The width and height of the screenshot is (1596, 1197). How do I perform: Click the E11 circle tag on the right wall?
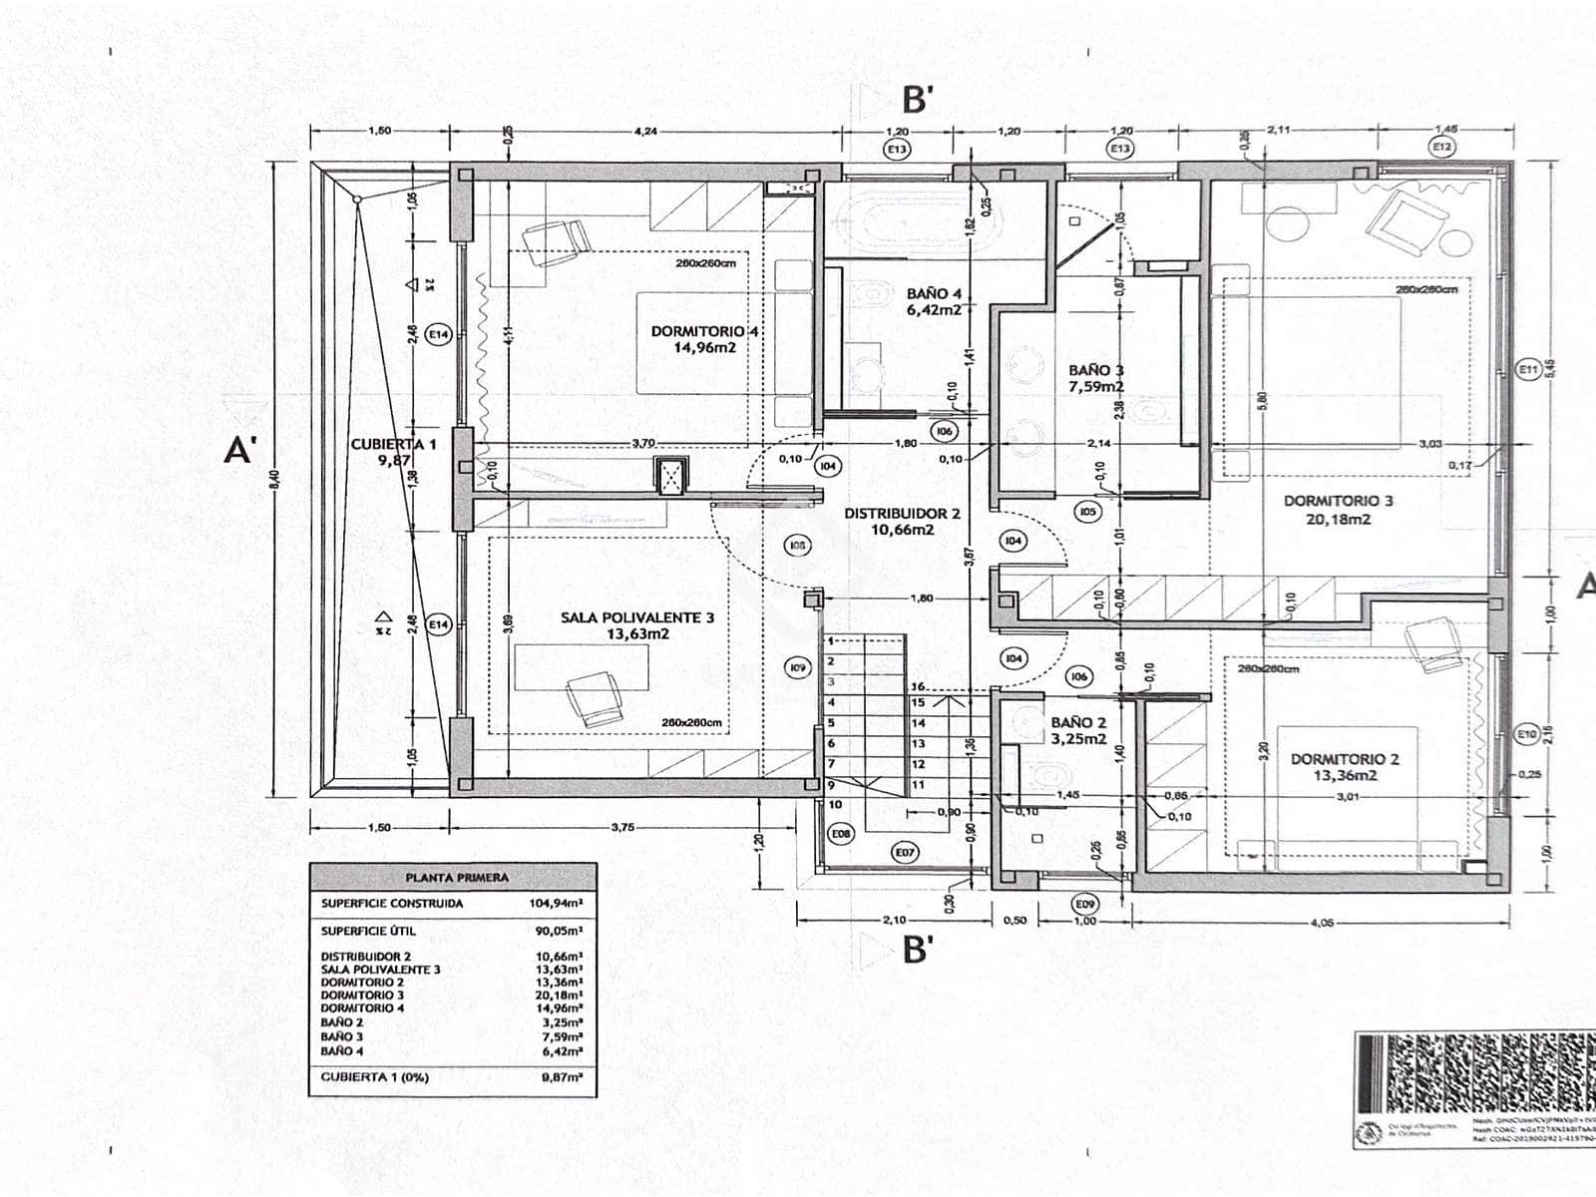coord(1526,370)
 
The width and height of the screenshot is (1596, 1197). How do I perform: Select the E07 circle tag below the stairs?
coord(905,852)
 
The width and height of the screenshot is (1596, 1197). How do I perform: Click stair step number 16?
coord(918,686)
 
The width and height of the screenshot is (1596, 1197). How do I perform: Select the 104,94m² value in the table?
coord(555,904)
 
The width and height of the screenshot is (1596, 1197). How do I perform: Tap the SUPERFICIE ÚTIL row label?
coord(369,931)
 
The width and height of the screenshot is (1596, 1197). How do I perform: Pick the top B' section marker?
coord(918,100)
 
